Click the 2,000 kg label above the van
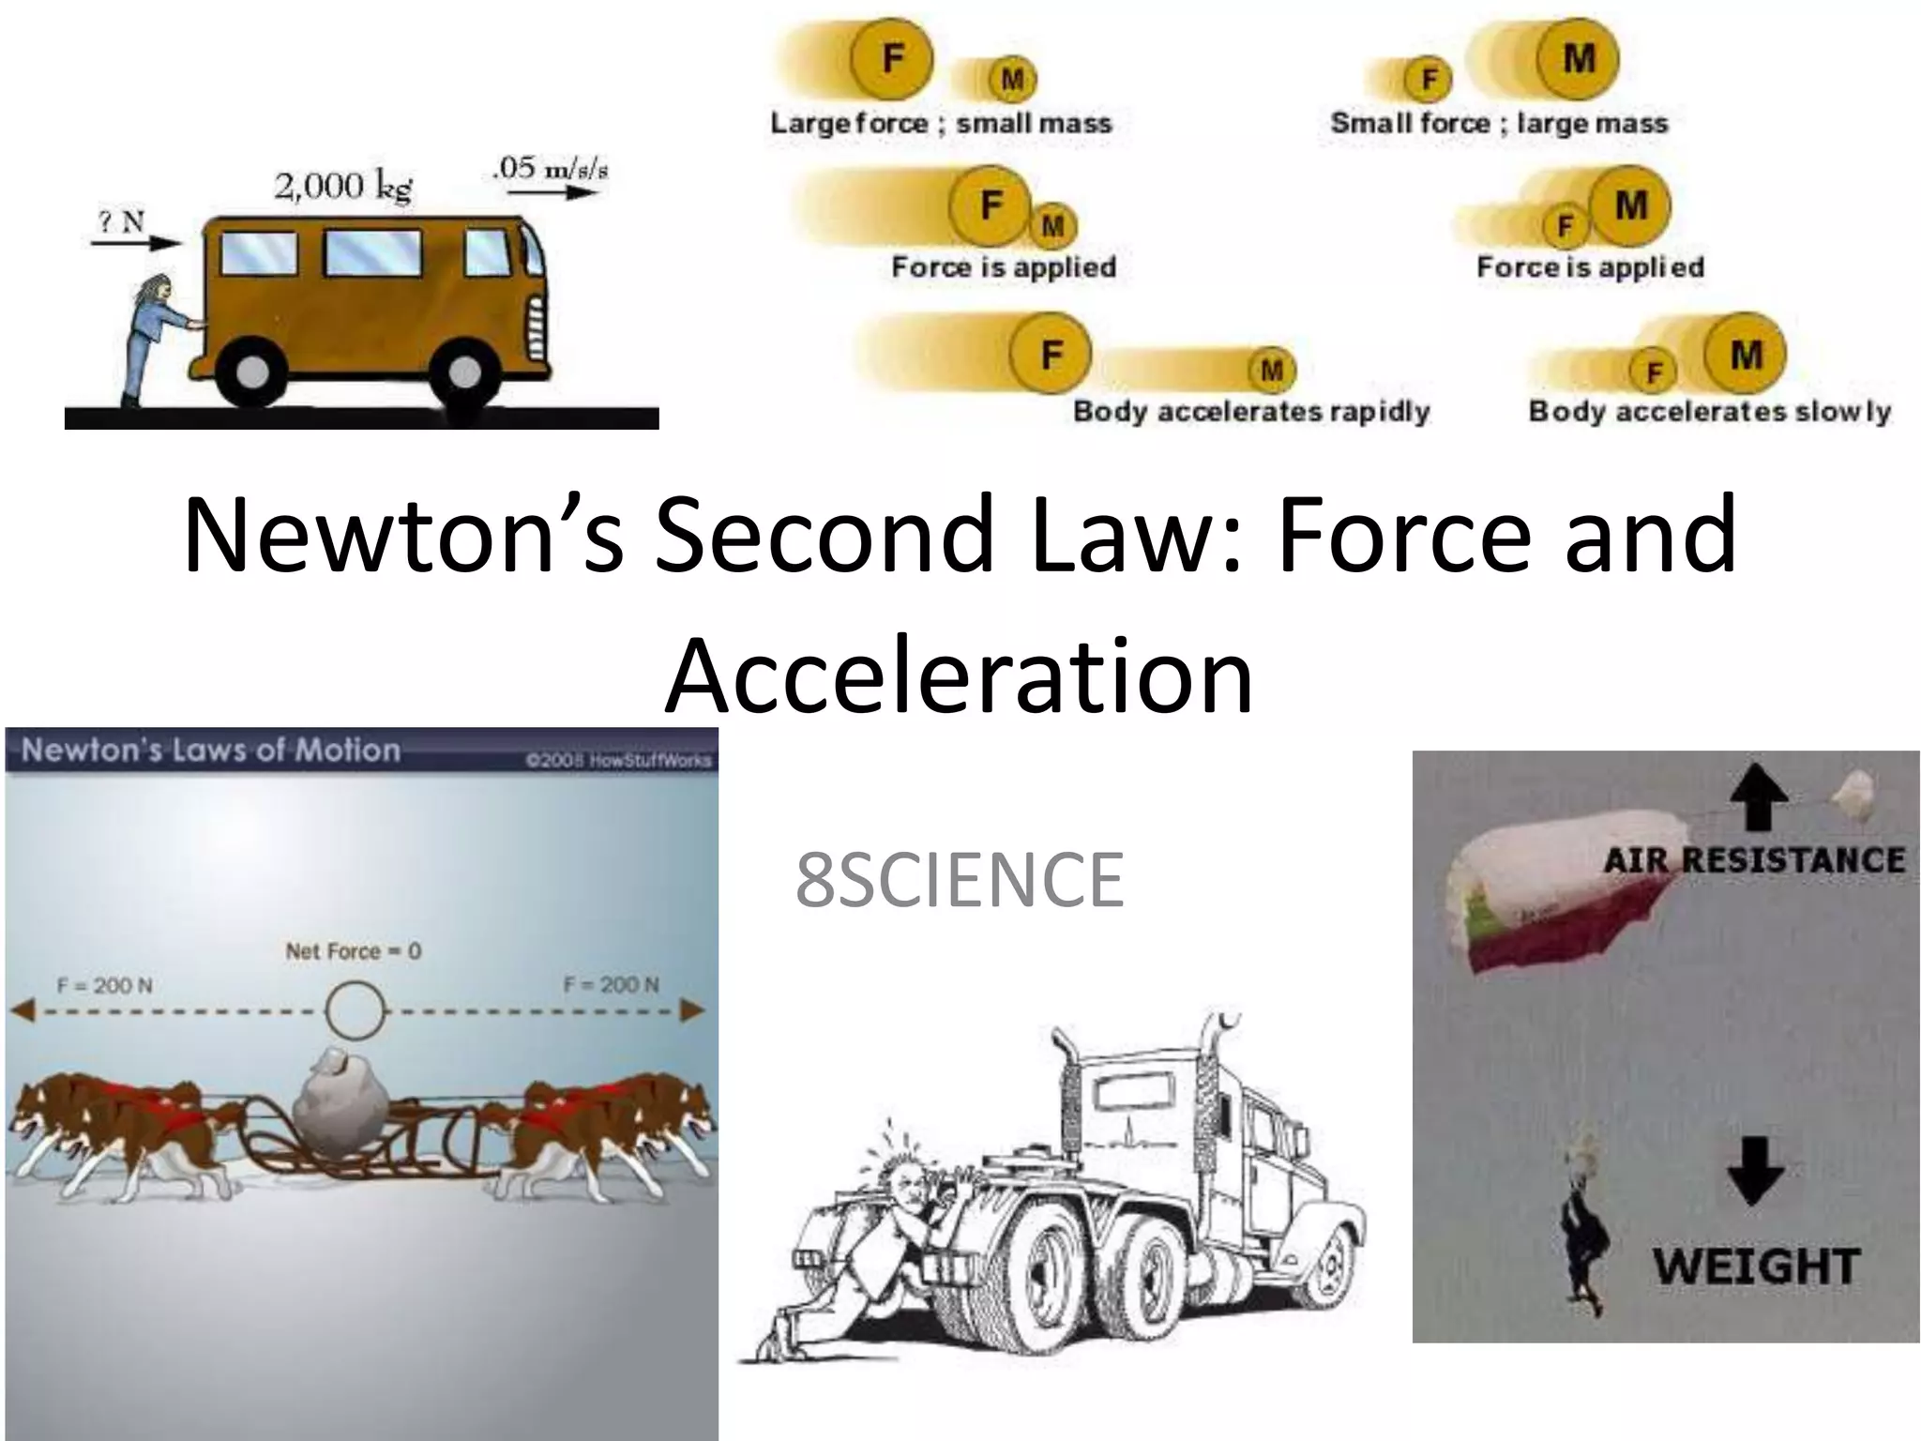pos(342,187)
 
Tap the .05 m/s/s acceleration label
pos(550,170)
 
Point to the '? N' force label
pos(121,221)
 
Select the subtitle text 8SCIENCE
pos(959,879)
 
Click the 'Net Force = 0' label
pos(353,951)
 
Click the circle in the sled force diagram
pos(355,1011)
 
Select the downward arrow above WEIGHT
pos(1755,1171)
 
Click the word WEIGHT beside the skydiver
pos(1756,1267)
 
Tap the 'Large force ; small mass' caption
pos(941,123)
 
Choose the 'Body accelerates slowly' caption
pos(1709,411)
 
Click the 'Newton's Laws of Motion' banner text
pos(211,750)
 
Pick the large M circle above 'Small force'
pos(1579,59)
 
